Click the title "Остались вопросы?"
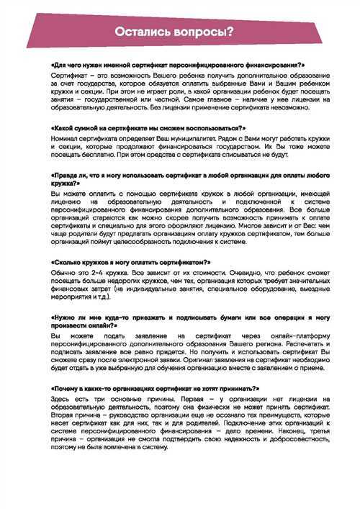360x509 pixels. (x=180, y=31)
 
